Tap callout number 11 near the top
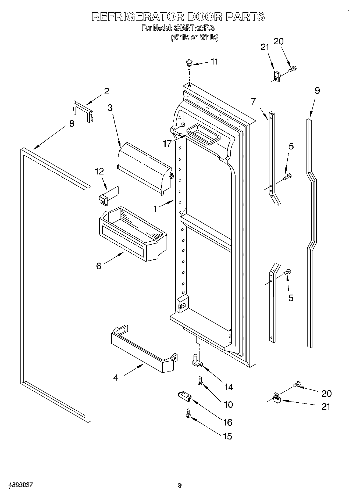[x=214, y=62]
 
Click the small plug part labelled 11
[x=189, y=64]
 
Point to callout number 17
[x=167, y=144]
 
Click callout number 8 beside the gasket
[x=72, y=124]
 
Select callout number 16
[x=227, y=422]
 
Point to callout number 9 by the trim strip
[x=317, y=91]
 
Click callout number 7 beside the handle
[x=254, y=101]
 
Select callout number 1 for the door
[x=155, y=209]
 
